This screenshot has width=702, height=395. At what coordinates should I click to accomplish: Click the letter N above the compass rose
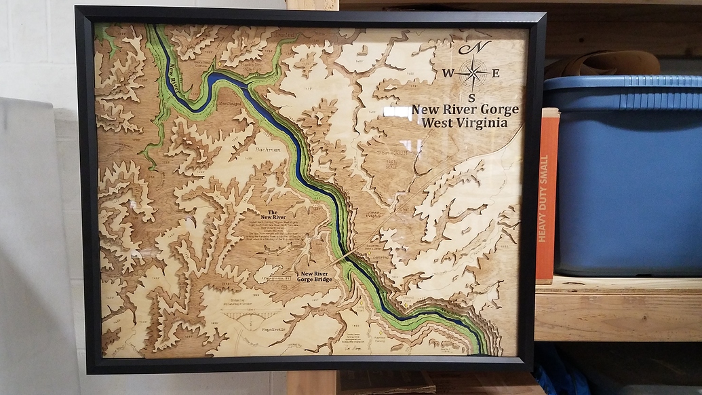point(477,48)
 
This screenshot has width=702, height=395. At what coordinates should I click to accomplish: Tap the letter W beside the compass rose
point(448,73)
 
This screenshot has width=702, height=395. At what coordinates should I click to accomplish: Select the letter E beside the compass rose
point(496,73)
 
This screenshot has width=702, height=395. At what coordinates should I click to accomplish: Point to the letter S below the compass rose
point(471,97)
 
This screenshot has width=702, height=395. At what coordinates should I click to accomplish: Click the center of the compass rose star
point(472,73)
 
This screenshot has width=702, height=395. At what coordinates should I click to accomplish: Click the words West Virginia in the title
point(464,123)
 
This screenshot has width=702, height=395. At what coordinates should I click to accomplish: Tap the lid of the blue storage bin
point(621,84)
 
